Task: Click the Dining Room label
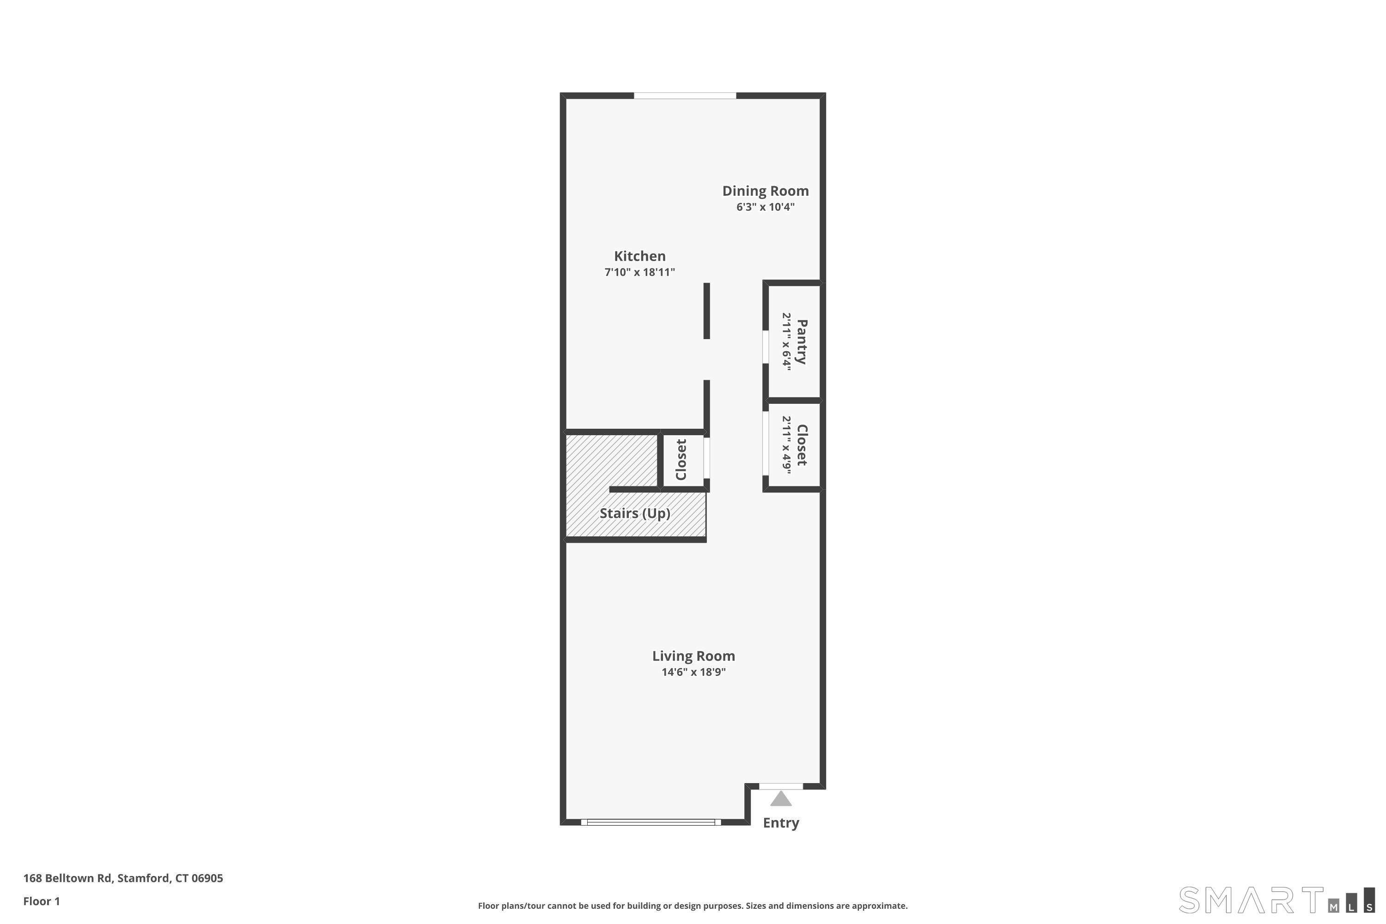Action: (765, 191)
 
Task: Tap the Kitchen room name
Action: (639, 256)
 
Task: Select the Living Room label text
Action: (693, 656)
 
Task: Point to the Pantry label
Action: (802, 342)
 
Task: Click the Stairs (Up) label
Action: (635, 513)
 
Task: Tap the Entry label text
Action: (781, 823)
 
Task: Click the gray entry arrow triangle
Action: (781, 799)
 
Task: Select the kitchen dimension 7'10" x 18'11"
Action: (639, 272)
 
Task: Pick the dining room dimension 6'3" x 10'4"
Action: (765, 207)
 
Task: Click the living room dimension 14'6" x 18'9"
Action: (693, 672)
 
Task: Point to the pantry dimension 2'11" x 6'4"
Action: (787, 340)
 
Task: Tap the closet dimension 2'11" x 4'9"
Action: (787, 444)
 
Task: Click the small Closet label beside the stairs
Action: (681, 460)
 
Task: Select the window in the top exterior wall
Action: (685, 96)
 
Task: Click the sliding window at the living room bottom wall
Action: (650, 822)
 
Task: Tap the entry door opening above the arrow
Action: (781, 786)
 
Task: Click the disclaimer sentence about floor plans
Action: (693, 906)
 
